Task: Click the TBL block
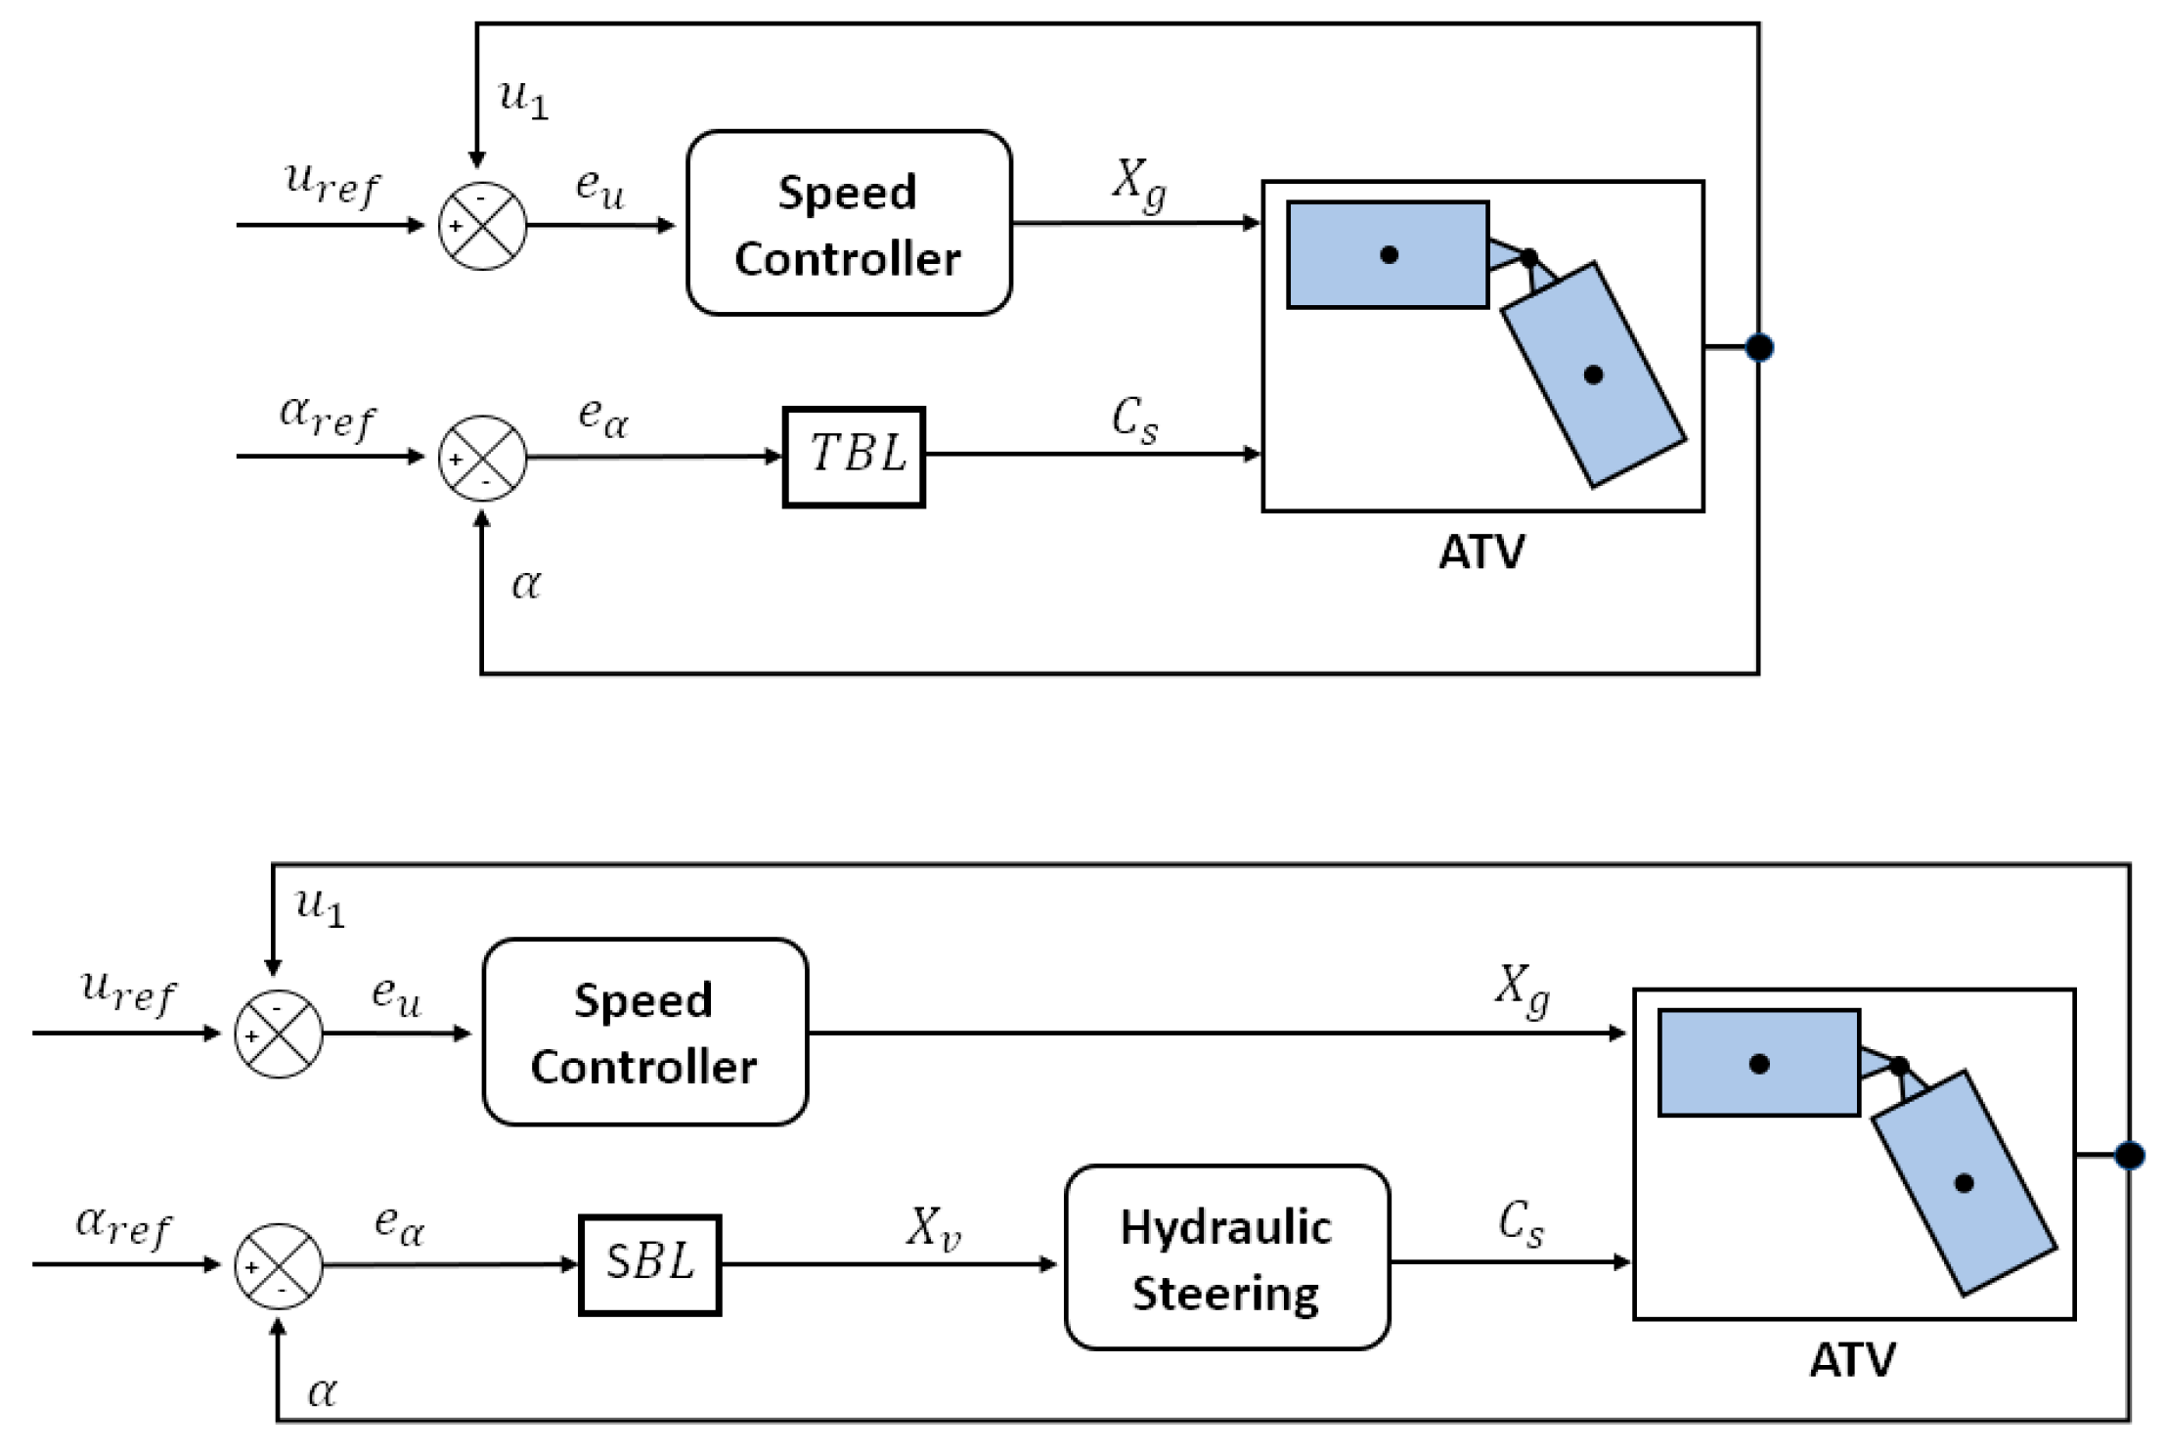(x=854, y=457)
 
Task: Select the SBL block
(x=650, y=1265)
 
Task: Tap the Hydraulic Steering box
(x=1227, y=1257)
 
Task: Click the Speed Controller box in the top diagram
(x=849, y=223)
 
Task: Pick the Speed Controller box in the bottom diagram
(x=645, y=1032)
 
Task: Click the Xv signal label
(x=934, y=1228)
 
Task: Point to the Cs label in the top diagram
(x=1135, y=420)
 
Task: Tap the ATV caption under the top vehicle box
(x=1481, y=552)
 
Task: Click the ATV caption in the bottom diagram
(x=1852, y=1360)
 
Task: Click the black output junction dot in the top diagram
(x=1759, y=347)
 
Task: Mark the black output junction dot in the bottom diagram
(x=2130, y=1156)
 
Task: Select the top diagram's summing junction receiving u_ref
(x=482, y=226)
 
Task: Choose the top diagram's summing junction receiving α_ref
(x=482, y=458)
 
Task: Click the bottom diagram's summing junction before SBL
(x=279, y=1266)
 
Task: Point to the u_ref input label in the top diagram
(x=332, y=183)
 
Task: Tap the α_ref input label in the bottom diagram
(x=123, y=1225)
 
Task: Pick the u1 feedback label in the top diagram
(x=523, y=98)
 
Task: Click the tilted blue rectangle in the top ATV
(x=1593, y=374)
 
